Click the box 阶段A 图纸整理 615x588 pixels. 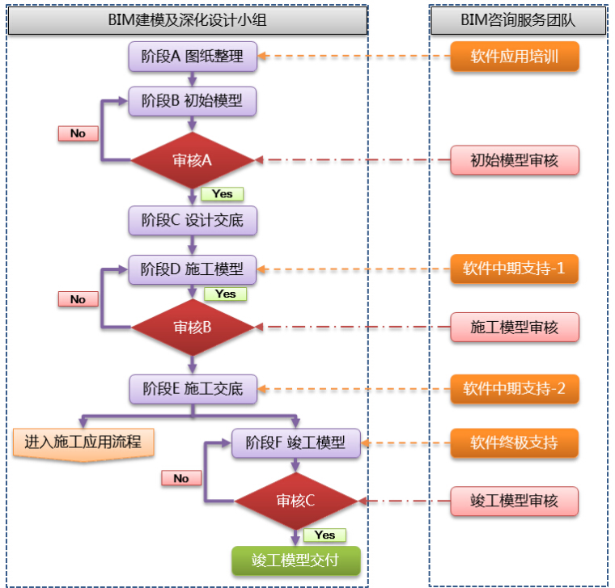[x=192, y=57]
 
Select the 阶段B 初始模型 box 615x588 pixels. [x=192, y=101]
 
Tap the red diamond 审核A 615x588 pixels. [x=192, y=160]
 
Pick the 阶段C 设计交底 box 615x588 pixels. [x=192, y=219]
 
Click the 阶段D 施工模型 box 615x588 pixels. [x=192, y=269]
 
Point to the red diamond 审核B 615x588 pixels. [x=193, y=328]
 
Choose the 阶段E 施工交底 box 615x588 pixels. [x=192, y=388]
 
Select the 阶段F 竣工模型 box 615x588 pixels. [x=295, y=442]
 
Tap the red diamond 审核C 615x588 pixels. [x=295, y=501]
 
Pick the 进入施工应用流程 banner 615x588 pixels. [x=83, y=443]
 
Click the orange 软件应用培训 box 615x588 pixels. [x=515, y=57]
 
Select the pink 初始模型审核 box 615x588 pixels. [x=515, y=160]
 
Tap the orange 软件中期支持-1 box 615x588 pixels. [x=515, y=269]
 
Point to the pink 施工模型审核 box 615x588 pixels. [x=515, y=328]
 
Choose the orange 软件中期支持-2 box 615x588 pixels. [x=515, y=388]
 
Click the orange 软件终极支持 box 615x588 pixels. [x=515, y=442]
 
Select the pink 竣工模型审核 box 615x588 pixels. [x=515, y=501]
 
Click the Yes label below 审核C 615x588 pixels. [x=324, y=535]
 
